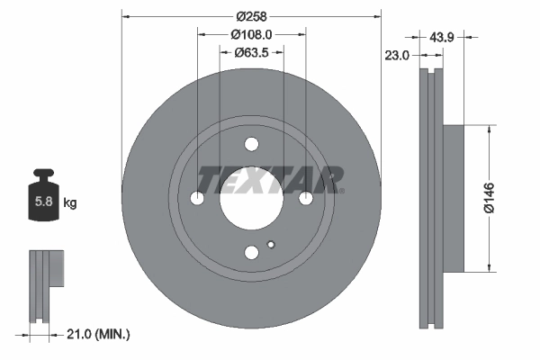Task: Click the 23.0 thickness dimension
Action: (397, 55)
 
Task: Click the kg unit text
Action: (70, 203)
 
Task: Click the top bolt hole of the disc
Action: (251, 144)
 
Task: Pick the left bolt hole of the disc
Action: (197, 198)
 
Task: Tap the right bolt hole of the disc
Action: (306, 198)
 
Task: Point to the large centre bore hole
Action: (251, 198)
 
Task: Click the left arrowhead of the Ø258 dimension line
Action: (126, 16)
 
